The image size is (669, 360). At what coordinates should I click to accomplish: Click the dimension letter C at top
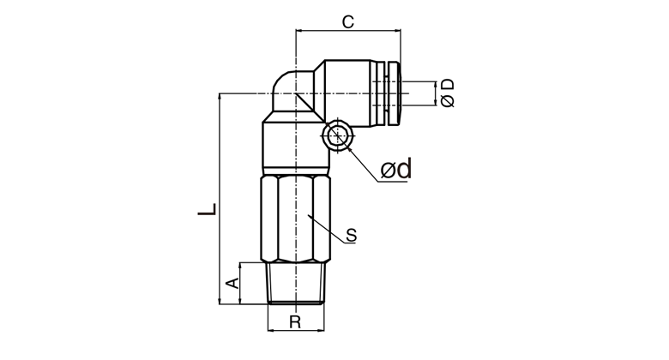click(x=348, y=21)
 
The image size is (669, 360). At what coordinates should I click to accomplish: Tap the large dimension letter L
click(x=208, y=208)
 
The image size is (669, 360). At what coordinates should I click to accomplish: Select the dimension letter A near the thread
click(x=232, y=283)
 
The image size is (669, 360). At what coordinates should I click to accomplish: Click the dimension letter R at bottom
click(x=295, y=322)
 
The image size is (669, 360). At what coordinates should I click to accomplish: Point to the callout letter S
click(x=351, y=235)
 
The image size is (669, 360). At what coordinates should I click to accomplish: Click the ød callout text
click(x=396, y=169)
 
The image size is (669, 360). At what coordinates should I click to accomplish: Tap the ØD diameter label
click(x=448, y=93)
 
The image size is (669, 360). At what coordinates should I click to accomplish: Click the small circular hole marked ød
click(x=337, y=135)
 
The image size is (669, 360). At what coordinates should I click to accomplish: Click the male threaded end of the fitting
click(x=295, y=284)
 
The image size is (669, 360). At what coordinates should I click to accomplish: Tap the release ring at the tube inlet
click(x=393, y=93)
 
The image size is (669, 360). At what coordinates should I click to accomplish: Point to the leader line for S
click(x=327, y=229)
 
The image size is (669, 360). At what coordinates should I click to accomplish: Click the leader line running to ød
click(x=364, y=165)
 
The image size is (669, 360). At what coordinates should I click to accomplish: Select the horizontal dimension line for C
click(x=348, y=31)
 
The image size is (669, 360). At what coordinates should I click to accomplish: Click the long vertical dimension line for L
click(x=220, y=199)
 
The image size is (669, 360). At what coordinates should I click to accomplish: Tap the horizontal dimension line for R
click(x=296, y=330)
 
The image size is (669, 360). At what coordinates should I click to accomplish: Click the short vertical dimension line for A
click(x=240, y=284)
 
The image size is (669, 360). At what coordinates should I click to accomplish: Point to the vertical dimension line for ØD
click(x=436, y=93)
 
